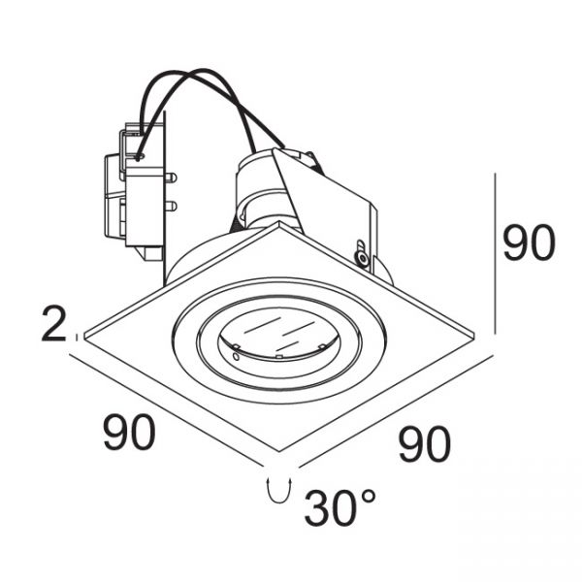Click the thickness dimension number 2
(53, 323)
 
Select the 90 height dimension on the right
(529, 242)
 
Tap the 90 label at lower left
(129, 432)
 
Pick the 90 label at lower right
(424, 444)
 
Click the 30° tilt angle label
(339, 507)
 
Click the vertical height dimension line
(495, 253)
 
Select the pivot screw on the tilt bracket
(361, 257)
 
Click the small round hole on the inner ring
(236, 357)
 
